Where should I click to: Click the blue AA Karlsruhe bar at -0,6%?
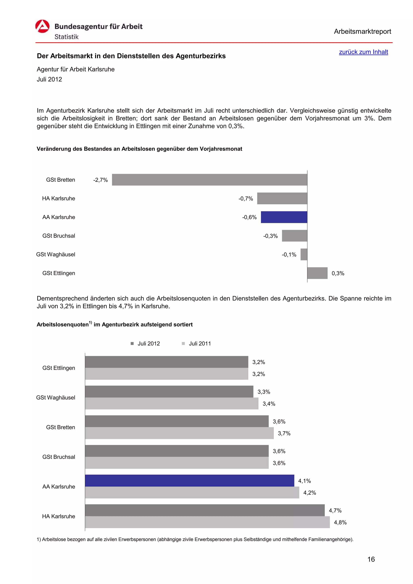pyautogui.click(x=284, y=217)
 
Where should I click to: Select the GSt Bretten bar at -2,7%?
pyautogui.click(x=210, y=180)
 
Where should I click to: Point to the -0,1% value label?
pyautogui.click(x=289, y=255)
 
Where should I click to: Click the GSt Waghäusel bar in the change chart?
pyautogui.click(x=304, y=254)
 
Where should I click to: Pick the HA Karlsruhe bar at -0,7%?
pyautogui.click(x=282, y=198)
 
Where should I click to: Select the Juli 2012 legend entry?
pyautogui.click(x=145, y=343)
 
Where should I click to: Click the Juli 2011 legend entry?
pyautogui.click(x=196, y=343)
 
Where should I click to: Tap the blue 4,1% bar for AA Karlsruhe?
pyautogui.click(x=189, y=480)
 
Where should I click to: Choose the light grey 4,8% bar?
pyautogui.click(x=207, y=522)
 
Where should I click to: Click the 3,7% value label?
pyautogui.click(x=284, y=433)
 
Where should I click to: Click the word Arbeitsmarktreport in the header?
pyautogui.click(x=362, y=32)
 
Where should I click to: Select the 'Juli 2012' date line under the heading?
pyautogui.click(x=49, y=79)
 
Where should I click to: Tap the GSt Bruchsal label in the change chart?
pyautogui.click(x=59, y=236)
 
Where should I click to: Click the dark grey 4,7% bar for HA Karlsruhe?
pyautogui.click(x=205, y=510)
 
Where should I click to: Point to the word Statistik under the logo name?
pyautogui.click(x=67, y=37)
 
